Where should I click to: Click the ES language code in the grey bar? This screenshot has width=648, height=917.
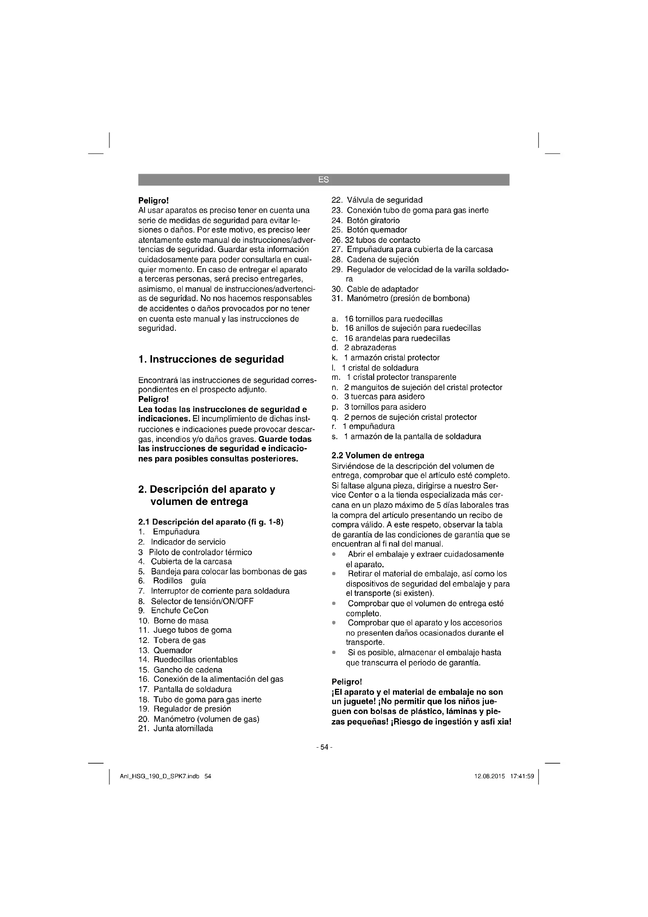click(x=324, y=180)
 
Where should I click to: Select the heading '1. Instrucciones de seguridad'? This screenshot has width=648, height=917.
click(x=211, y=360)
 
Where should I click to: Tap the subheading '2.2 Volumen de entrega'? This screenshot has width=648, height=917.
click(x=378, y=456)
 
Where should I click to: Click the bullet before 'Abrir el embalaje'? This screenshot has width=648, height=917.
click(x=333, y=554)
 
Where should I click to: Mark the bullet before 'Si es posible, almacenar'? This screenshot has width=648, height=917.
click(x=333, y=653)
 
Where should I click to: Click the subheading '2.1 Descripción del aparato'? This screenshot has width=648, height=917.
click(x=211, y=522)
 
